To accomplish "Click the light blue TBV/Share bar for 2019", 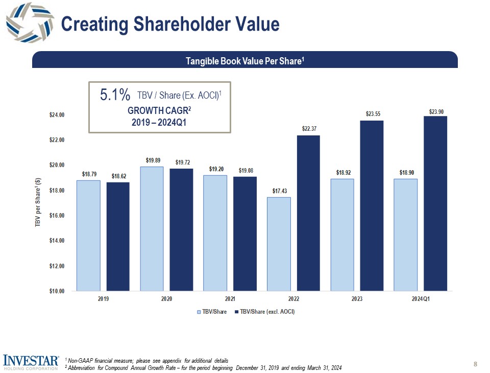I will pyautogui.click(x=88, y=235).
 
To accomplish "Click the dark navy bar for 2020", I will pyautogui.click(x=181, y=229).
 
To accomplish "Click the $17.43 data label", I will pyautogui.click(x=279, y=191).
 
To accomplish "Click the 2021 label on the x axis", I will pyautogui.click(x=230, y=299).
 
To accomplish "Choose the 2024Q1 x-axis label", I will pyautogui.click(x=421, y=299).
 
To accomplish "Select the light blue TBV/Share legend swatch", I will pyautogui.click(x=199, y=312).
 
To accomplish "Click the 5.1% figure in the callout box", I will pyautogui.click(x=115, y=95).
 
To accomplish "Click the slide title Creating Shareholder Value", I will pyautogui.click(x=170, y=24).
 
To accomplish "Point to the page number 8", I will pyautogui.click(x=475, y=364).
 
